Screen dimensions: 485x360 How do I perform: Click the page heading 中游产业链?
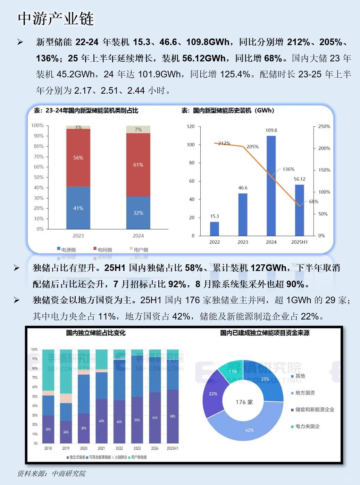click(56, 19)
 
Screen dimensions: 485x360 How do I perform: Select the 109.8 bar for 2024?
click(271, 186)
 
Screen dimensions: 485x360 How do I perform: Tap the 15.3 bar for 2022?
click(215, 229)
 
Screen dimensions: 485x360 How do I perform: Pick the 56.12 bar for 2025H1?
click(299, 210)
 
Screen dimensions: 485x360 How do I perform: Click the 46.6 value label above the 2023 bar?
click(243, 188)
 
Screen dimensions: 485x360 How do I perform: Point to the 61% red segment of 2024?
click(138, 165)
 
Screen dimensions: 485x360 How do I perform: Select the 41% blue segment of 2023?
click(78, 208)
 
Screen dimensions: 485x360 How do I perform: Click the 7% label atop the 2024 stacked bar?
click(138, 130)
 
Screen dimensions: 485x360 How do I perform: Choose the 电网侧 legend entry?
click(103, 249)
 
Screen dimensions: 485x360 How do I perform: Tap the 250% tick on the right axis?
click(324, 127)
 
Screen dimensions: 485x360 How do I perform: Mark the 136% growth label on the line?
click(288, 169)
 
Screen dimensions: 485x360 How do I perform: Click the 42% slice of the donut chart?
click(250, 430)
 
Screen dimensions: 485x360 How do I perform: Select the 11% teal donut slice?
click(233, 371)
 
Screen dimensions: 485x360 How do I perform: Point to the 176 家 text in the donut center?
click(244, 402)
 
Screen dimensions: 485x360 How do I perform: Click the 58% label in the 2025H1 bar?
click(173, 416)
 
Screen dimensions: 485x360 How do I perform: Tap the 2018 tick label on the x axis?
click(48, 448)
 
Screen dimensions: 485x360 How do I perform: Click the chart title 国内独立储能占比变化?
click(96, 333)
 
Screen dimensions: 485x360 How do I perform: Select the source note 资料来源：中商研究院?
click(51, 474)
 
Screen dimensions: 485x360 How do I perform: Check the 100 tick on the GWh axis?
click(191, 145)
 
